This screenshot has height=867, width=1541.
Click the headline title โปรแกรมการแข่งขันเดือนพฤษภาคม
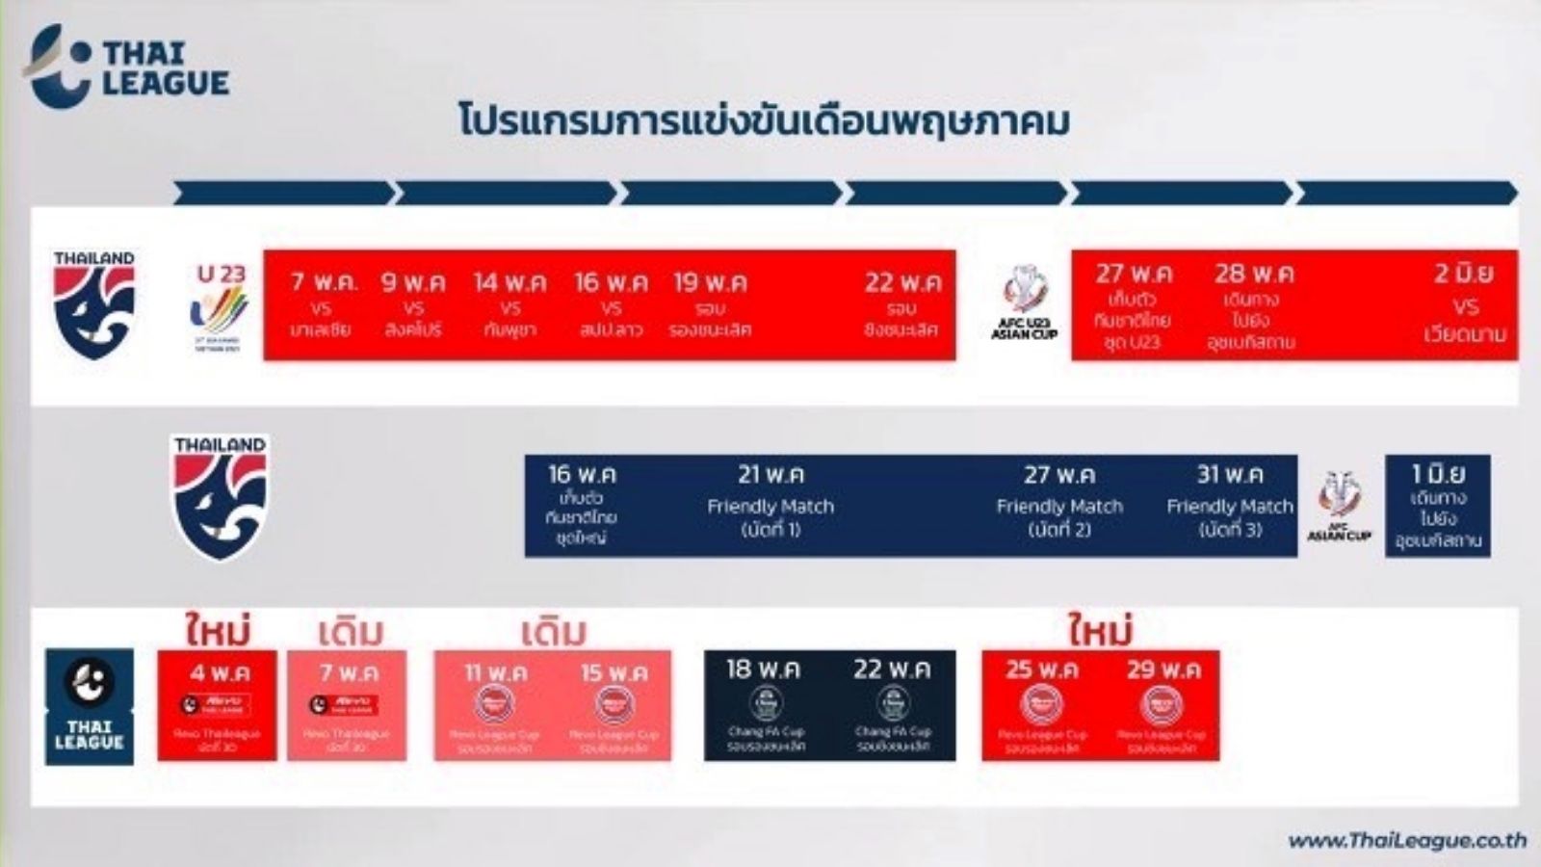(764, 123)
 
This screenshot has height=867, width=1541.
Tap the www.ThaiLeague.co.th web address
(1406, 840)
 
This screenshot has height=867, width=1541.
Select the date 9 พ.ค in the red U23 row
(413, 282)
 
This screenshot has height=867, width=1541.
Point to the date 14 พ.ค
(509, 282)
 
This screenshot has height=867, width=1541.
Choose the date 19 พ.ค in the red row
(710, 282)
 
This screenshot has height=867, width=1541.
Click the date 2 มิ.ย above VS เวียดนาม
(1464, 274)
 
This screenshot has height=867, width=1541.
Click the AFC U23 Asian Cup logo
(1024, 302)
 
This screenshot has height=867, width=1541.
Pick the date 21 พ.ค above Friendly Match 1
(770, 474)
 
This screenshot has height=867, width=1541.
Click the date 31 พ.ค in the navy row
(1230, 474)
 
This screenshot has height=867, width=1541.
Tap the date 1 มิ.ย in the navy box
(1438, 474)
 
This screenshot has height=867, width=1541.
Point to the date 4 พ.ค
(219, 672)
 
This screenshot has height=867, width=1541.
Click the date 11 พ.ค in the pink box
(495, 672)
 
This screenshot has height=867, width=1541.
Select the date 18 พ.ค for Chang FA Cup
(764, 669)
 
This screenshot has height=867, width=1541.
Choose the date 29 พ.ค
(1163, 669)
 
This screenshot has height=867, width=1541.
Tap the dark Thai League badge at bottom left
(90, 706)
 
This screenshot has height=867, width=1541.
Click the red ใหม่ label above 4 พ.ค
(219, 631)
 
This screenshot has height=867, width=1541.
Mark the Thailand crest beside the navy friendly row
(221, 496)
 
